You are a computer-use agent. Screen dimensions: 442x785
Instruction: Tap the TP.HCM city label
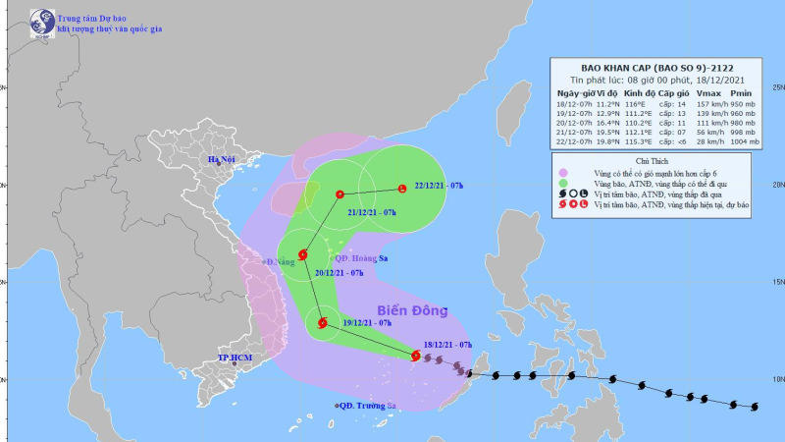click(236, 359)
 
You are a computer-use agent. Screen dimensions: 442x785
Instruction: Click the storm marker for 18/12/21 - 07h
click(416, 356)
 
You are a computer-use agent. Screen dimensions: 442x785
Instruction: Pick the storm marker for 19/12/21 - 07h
click(322, 322)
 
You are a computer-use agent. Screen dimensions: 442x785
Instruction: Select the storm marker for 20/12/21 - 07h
click(302, 254)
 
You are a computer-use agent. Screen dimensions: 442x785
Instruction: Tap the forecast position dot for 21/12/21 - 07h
click(340, 193)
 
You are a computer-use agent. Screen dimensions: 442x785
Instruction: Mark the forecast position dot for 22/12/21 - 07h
click(402, 189)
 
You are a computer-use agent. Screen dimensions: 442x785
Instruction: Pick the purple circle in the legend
click(562, 172)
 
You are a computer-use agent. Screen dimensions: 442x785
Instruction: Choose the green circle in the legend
click(562, 184)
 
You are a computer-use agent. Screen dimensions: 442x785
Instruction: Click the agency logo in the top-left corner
click(42, 22)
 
